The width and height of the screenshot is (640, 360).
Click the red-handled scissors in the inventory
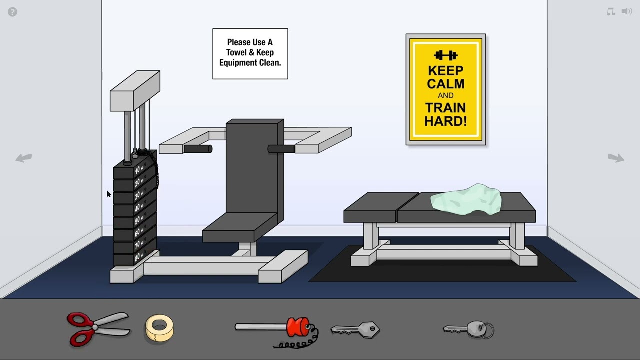coord(97,328)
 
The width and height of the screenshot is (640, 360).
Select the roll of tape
coord(159,328)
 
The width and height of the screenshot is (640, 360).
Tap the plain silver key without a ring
coord(355,329)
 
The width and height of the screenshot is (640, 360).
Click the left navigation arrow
coord(23,158)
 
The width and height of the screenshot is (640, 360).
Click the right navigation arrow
coord(616,158)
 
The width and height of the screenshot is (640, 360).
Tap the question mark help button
coord(13,12)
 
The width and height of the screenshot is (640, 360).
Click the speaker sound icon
coord(627,11)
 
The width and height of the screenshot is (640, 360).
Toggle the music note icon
coord(611,11)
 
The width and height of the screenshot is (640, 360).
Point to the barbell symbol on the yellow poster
coord(445,55)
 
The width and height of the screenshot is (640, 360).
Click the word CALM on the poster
coord(445,83)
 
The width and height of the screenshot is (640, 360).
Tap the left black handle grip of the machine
coord(198,149)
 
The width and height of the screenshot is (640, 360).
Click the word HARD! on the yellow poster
coord(445,121)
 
